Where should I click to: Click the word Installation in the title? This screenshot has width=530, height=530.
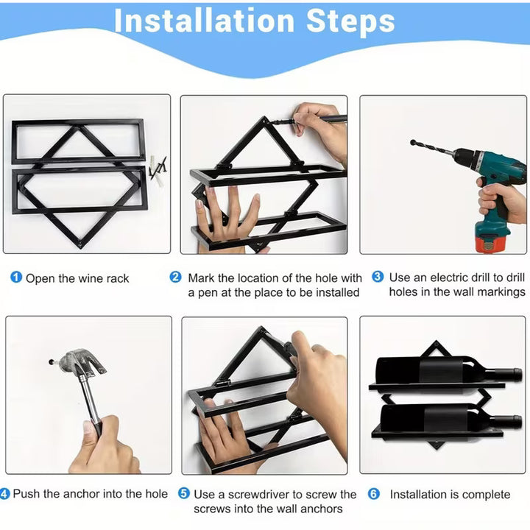(204, 21)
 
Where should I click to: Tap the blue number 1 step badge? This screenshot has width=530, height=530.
(16, 278)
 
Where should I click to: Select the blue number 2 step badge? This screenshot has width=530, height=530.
(175, 278)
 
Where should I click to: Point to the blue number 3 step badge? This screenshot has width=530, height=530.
(378, 277)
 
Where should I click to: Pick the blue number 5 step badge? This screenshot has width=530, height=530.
(184, 493)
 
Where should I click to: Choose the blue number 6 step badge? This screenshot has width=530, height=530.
(374, 494)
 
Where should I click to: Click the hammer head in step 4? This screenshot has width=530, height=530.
(82, 362)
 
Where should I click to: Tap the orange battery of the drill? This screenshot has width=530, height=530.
(490, 244)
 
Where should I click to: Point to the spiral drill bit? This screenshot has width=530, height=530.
(432, 147)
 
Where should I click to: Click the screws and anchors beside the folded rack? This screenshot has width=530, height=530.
(158, 170)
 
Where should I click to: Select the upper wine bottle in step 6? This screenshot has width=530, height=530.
(449, 370)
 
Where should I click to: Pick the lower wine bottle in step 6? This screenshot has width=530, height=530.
(451, 418)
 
